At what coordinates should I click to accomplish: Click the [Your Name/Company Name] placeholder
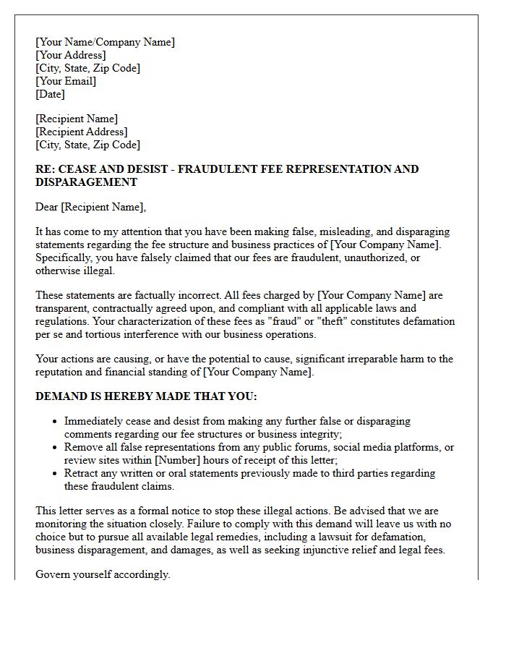tap(105, 42)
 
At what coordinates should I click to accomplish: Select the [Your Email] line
tap(66, 81)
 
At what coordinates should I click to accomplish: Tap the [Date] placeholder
tap(50, 94)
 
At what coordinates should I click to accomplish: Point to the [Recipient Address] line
tap(82, 132)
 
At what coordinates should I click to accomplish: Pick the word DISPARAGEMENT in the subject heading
tap(86, 182)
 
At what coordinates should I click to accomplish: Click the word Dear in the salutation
tap(46, 208)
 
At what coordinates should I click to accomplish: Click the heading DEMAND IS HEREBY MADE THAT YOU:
tap(146, 396)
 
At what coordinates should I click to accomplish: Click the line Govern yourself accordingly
tap(103, 574)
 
